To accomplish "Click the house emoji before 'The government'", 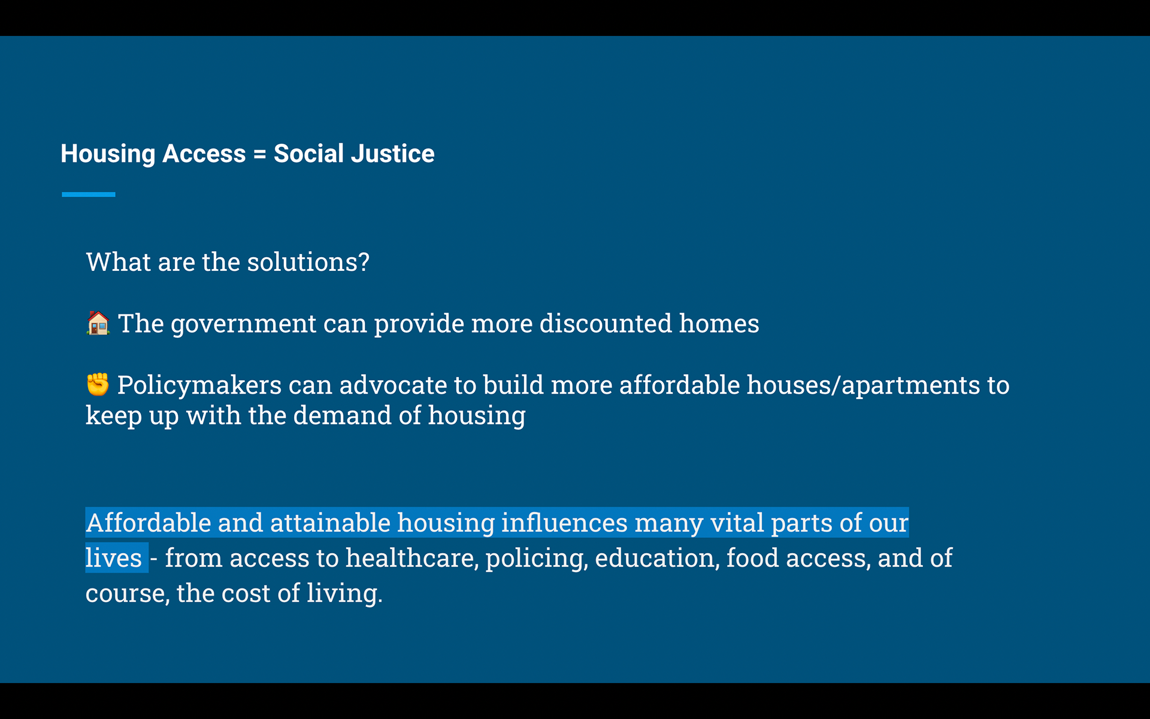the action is tap(98, 324).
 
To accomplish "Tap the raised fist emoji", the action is tap(98, 385).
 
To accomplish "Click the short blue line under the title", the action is tap(89, 195).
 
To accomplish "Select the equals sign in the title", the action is tap(260, 155).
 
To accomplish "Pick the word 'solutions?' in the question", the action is tap(308, 262).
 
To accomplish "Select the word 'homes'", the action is tap(719, 324).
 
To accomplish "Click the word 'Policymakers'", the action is tap(199, 385).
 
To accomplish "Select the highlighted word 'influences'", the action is tap(564, 522).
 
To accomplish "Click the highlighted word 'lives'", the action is tap(114, 558).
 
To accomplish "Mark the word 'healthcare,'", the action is tap(412, 558).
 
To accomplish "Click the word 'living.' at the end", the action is tap(345, 594).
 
